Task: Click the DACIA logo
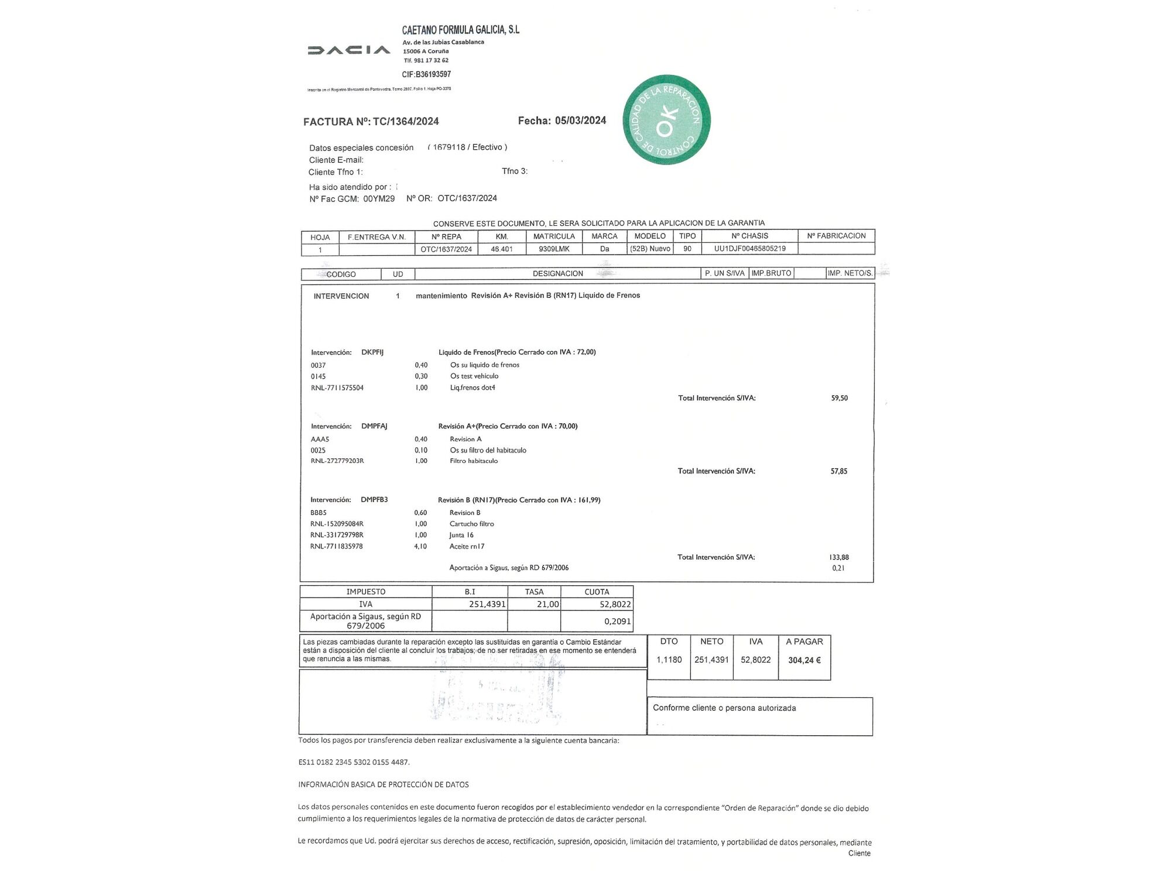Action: point(348,50)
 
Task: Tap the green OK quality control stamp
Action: point(666,119)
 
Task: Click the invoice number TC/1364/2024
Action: point(406,122)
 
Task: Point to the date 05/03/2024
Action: point(580,121)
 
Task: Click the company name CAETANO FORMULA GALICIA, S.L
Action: point(460,30)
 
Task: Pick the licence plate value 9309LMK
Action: point(554,249)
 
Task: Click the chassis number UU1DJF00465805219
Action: point(749,249)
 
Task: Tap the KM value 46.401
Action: point(501,249)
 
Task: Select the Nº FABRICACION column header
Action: point(836,236)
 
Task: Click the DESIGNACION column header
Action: point(557,273)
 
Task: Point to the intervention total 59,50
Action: point(839,398)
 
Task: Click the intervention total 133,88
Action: point(838,557)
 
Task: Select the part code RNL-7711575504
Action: point(337,387)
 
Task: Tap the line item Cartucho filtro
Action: point(471,524)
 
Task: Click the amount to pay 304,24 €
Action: point(804,660)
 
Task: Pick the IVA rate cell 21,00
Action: point(548,604)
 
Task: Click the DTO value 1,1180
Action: point(669,660)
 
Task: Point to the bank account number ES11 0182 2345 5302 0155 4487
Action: point(354,762)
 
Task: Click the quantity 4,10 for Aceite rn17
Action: point(420,546)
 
